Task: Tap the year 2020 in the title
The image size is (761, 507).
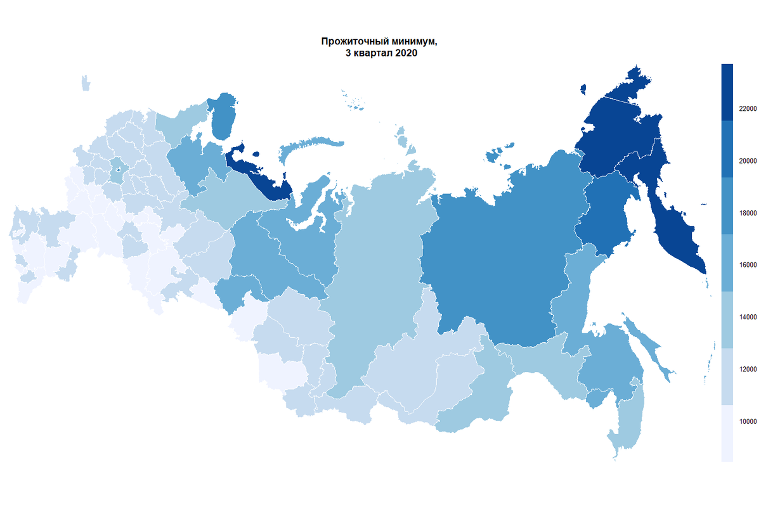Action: [x=405, y=55]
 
